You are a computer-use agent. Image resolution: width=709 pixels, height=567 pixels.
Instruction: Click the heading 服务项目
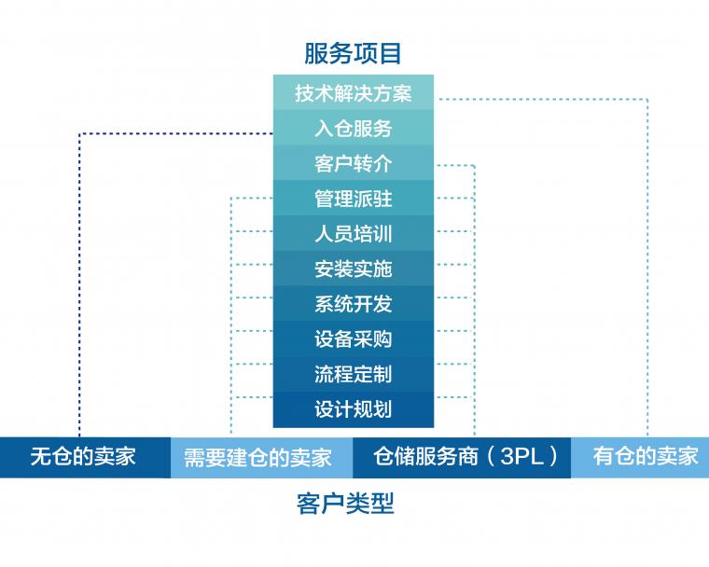pos(353,53)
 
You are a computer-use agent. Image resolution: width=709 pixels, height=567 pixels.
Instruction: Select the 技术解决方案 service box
pos(354,92)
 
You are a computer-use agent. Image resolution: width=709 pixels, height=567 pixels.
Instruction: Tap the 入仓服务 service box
pos(354,128)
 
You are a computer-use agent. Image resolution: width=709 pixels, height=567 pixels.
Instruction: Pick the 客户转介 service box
pos(354,163)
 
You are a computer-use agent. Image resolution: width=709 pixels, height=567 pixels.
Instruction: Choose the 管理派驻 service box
pos(354,199)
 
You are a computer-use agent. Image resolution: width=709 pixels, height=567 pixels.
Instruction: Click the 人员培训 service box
pos(354,234)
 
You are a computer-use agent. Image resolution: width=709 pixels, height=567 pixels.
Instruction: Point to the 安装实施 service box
pos(354,269)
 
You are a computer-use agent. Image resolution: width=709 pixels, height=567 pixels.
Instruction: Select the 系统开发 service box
pos(354,304)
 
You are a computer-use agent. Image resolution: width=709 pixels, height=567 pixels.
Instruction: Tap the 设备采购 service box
pos(354,339)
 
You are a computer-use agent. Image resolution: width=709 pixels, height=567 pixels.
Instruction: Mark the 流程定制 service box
pos(354,374)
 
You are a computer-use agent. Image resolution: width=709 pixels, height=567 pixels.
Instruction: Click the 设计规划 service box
pos(354,409)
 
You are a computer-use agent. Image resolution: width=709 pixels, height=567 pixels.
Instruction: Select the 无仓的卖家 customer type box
pos(85,457)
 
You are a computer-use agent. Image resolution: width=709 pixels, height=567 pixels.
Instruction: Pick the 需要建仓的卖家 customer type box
pos(262,457)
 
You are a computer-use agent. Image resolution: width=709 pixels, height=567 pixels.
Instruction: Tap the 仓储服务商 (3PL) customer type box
pos(462,457)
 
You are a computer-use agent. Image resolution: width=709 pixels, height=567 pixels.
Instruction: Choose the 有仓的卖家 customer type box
pos(640,457)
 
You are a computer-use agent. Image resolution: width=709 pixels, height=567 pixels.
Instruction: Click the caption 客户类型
pos(345,504)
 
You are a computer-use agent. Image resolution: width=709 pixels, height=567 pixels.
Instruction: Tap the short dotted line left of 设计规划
pos(252,397)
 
